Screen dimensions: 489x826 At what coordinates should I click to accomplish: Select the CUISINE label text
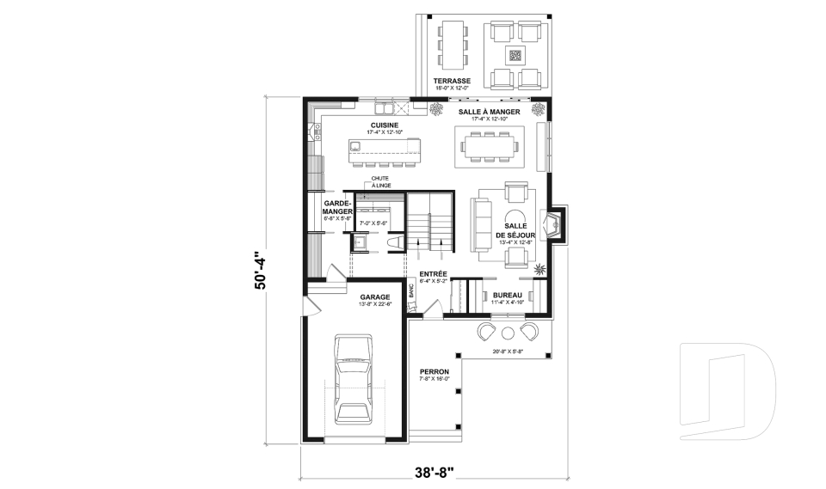click(x=384, y=125)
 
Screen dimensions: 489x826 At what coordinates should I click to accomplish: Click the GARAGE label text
click(x=375, y=296)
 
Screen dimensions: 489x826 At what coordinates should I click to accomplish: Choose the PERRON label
click(x=435, y=371)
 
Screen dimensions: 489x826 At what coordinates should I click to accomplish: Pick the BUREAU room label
click(x=507, y=295)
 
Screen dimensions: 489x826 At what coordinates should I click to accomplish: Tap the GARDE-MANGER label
click(x=336, y=207)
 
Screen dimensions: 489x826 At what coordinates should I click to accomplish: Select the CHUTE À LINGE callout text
click(x=379, y=183)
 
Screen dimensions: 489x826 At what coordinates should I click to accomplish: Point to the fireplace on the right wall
click(x=555, y=225)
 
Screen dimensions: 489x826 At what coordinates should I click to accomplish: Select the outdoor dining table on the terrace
click(x=452, y=45)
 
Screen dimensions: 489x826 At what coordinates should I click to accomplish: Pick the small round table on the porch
click(x=508, y=333)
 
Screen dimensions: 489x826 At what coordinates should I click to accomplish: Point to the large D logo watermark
click(x=727, y=387)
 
